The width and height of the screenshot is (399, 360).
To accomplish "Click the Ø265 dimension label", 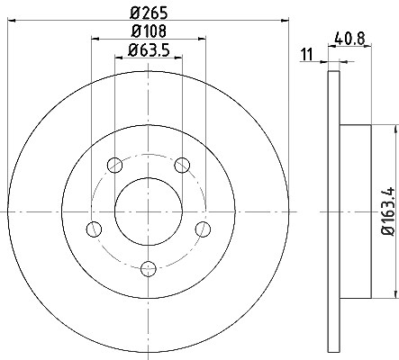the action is tap(149, 13).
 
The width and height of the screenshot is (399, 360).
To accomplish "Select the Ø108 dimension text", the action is tap(149, 31).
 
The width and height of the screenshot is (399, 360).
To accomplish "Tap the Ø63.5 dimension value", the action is tap(149, 49).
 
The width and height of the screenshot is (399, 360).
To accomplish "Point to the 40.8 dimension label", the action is tap(349, 39).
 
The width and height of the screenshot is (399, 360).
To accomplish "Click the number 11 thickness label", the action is tap(307, 55).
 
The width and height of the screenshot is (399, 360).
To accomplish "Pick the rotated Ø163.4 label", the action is tap(387, 211).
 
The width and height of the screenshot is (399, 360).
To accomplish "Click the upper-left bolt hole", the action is tap(114, 165).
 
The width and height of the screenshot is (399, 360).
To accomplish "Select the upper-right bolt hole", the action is tap(182, 165).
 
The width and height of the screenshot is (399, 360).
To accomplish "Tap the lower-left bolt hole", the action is tap(94, 229).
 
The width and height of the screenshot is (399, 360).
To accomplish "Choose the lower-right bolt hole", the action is tap(203, 229).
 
